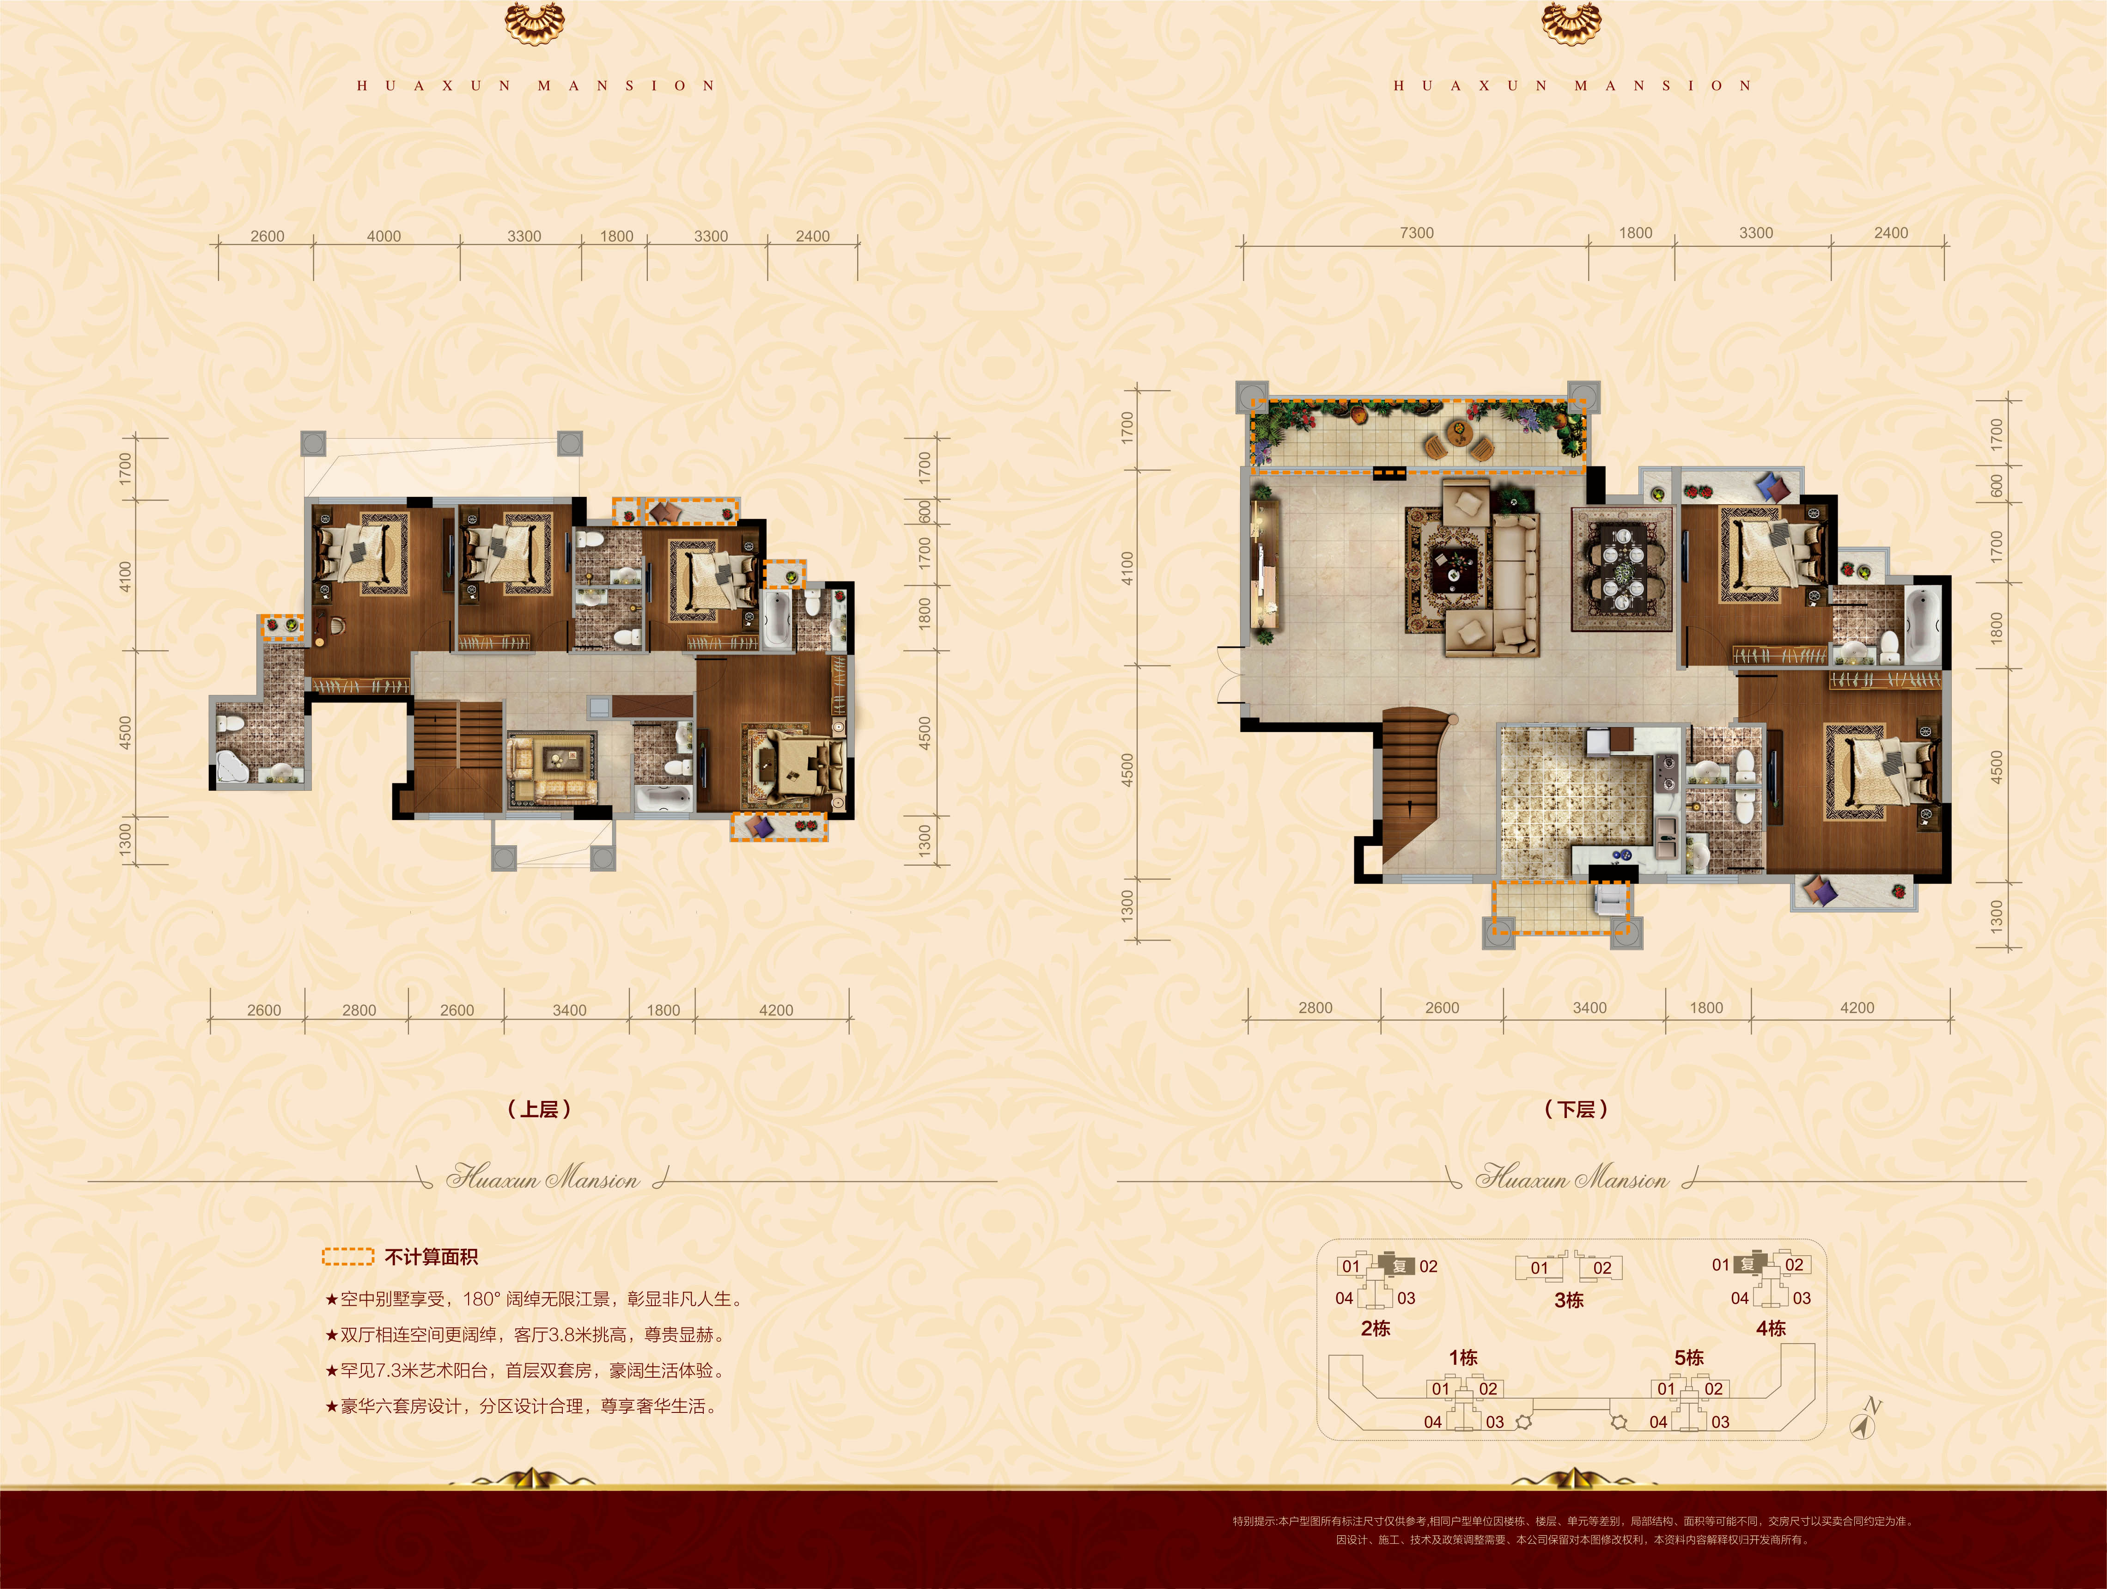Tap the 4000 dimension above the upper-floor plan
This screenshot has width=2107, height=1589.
[384, 236]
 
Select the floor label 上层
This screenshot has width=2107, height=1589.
[539, 1109]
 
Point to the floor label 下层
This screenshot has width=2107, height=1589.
[1576, 1109]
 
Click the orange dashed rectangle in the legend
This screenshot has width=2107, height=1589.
[347, 1257]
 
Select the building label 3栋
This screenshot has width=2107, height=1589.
[1569, 1300]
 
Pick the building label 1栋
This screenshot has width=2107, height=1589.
[1463, 1357]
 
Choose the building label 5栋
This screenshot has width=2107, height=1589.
[1689, 1357]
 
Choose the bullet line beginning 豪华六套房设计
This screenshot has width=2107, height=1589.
[520, 1406]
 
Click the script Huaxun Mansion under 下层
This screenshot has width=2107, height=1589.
[1571, 1179]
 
